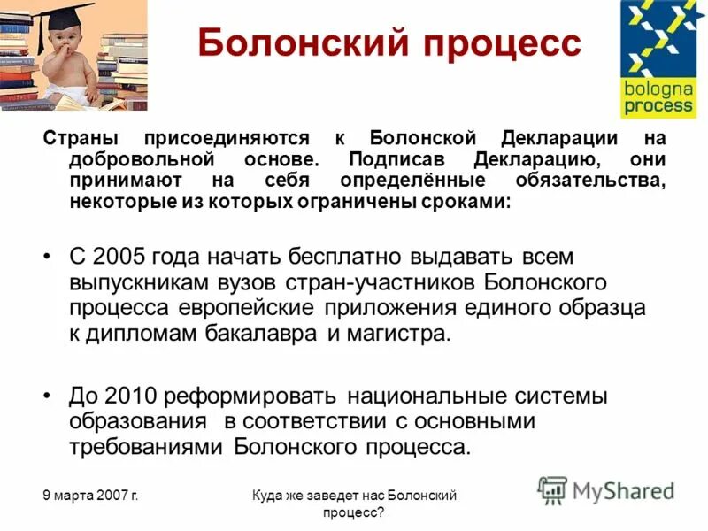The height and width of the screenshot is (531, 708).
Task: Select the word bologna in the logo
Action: pyautogui.click(x=657, y=90)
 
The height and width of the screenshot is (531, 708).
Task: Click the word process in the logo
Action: pyautogui.click(x=657, y=107)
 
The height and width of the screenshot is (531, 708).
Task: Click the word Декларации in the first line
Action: pyautogui.click(x=558, y=139)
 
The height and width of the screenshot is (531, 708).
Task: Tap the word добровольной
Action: pyautogui.click(x=143, y=160)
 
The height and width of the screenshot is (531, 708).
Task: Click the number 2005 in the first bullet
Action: pyautogui.click(x=117, y=257)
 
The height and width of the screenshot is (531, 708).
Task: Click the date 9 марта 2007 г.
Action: pyautogui.click(x=89, y=496)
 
